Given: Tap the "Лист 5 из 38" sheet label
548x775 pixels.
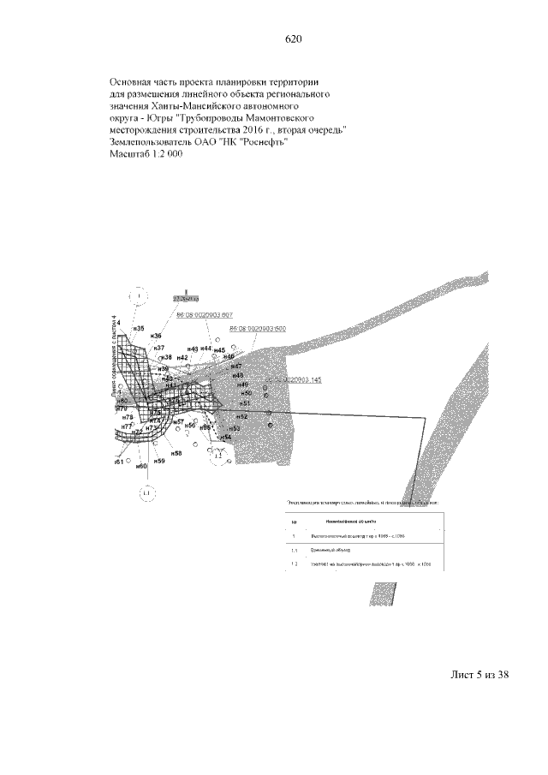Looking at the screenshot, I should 480,676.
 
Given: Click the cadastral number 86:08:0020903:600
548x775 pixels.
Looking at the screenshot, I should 257,329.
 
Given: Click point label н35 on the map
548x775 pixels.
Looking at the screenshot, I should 138,328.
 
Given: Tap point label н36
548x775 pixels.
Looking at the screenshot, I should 157,337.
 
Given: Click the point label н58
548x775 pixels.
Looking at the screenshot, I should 176,452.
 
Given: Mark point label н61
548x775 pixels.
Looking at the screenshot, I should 119,461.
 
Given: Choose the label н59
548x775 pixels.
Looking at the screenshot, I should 160,461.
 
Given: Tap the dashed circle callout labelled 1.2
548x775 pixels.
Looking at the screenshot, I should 217,456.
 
